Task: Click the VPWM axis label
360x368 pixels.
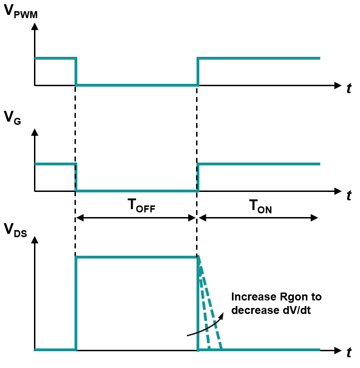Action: tap(20, 12)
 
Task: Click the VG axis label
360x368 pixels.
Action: tap(13, 118)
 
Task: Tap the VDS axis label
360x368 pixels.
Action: tap(15, 230)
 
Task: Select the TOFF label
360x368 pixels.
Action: tap(141, 205)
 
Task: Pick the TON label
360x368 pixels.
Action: tap(260, 206)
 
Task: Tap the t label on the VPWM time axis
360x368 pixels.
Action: tap(349, 88)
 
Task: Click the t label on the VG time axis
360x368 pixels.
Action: tap(349, 195)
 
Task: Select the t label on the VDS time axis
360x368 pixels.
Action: tap(349, 352)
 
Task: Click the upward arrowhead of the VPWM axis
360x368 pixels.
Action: tap(35, 26)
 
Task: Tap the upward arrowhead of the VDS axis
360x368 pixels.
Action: tap(35, 239)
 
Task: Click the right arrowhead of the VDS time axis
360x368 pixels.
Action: tap(338, 350)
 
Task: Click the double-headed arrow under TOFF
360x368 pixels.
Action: tap(136, 218)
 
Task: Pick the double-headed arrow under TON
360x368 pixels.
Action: tap(258, 218)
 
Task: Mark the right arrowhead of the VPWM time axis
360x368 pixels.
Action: tap(338, 85)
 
